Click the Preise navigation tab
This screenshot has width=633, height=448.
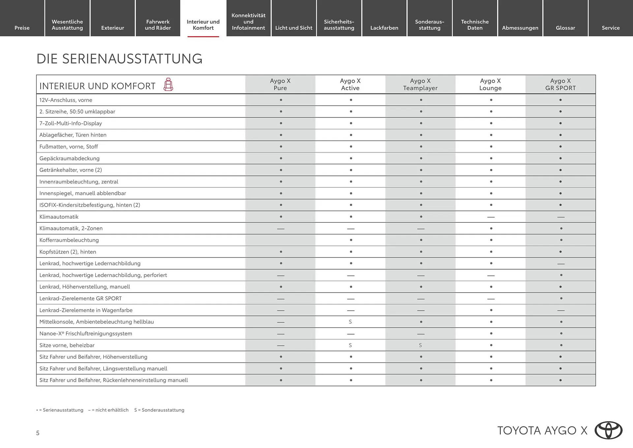22,28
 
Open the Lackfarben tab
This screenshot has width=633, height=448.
384,28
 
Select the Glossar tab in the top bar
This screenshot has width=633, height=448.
565,28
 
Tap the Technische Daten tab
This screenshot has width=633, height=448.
475,25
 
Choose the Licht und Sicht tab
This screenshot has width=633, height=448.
293,28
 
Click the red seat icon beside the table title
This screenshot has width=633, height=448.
168,84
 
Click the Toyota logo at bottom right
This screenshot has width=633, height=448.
608,430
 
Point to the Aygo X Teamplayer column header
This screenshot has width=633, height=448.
420,84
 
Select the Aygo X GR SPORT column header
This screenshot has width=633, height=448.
560,84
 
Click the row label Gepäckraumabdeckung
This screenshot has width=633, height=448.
69,158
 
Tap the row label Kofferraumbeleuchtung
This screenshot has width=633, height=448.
69,240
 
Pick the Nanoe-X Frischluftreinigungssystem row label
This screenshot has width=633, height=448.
86,334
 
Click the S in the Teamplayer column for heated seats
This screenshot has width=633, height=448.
420,345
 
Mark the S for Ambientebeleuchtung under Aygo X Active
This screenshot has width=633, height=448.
350,322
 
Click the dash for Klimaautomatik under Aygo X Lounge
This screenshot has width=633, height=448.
491,217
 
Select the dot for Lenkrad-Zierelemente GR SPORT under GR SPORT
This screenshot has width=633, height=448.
560,299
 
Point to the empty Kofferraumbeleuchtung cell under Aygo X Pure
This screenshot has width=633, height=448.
280,240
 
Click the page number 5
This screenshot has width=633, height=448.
38,433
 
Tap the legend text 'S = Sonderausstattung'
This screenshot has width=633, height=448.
159,410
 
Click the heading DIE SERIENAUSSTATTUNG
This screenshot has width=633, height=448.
119,59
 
